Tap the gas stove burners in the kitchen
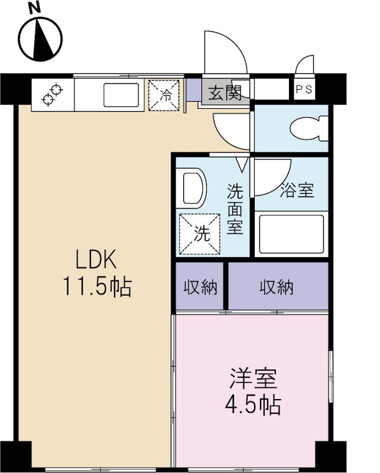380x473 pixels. point(52,95)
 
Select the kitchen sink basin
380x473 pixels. point(121,95)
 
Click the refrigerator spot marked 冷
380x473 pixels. point(165,95)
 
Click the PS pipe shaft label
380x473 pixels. point(304,90)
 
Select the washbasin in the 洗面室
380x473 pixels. point(190,187)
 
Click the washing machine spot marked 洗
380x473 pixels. point(200,233)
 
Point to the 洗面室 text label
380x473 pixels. point(235,209)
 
